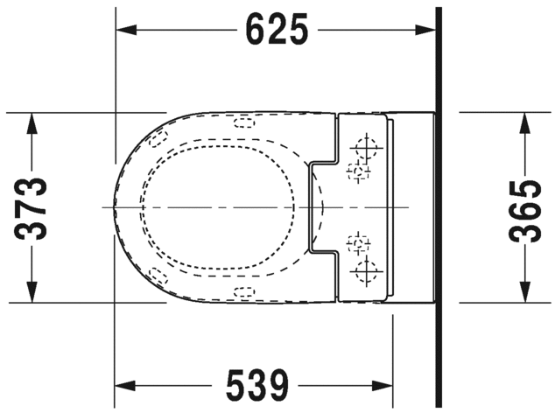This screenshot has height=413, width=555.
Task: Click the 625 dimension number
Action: [x=277, y=31]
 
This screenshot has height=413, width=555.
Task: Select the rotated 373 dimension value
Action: [x=32, y=207]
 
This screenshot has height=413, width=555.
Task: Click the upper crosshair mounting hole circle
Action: [x=365, y=145]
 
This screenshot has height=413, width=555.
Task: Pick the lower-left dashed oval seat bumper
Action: [x=158, y=276]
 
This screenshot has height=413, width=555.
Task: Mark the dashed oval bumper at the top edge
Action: [x=244, y=121]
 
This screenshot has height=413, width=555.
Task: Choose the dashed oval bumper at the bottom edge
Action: [x=244, y=292]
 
